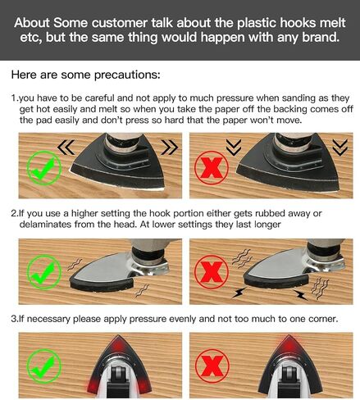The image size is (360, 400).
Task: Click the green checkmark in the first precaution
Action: (x=44, y=168)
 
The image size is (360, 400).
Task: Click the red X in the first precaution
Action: (x=212, y=168)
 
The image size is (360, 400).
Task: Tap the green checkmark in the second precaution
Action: (x=44, y=272)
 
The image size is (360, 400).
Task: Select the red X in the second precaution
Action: (x=212, y=272)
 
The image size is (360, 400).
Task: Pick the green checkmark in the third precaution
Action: (x=44, y=366)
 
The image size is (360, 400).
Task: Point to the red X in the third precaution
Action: (x=212, y=366)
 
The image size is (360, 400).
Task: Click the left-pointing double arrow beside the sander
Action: (x=66, y=148)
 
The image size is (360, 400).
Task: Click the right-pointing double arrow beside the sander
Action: (x=170, y=148)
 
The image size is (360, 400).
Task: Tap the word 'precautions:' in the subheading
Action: (x=127, y=75)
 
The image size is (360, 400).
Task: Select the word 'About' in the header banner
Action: (x=32, y=23)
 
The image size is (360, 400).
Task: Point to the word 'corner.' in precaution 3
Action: (x=323, y=319)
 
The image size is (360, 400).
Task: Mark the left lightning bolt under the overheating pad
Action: (x=239, y=293)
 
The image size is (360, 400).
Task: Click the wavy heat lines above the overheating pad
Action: (x=242, y=257)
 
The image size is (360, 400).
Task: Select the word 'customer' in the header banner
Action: (x=119, y=23)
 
